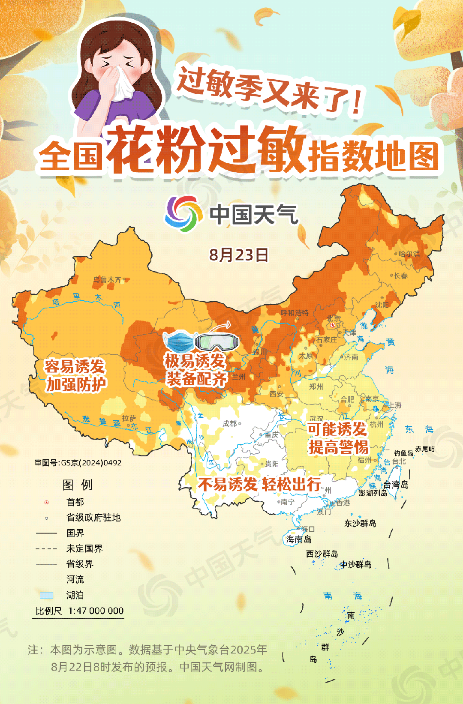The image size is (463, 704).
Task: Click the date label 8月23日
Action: (239, 255)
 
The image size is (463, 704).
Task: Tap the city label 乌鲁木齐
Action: (108, 280)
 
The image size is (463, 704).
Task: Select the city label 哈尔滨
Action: (409, 254)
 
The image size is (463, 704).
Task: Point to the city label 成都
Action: (230, 423)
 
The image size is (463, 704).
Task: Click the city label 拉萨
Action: (129, 418)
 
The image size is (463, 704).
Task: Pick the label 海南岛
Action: (299, 539)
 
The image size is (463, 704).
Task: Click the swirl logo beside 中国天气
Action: (183, 214)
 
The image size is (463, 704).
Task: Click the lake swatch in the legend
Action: (46, 595)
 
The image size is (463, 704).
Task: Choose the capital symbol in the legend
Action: (47, 502)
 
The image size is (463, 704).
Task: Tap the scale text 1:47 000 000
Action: (96, 611)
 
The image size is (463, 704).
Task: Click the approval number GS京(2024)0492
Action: (78, 463)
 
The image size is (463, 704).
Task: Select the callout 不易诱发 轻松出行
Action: (260, 485)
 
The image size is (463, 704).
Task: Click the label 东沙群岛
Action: (360, 523)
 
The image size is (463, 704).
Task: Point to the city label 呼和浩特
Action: (295, 313)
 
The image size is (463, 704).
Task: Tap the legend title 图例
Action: (77, 485)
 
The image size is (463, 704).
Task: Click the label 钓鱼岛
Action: (404, 453)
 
